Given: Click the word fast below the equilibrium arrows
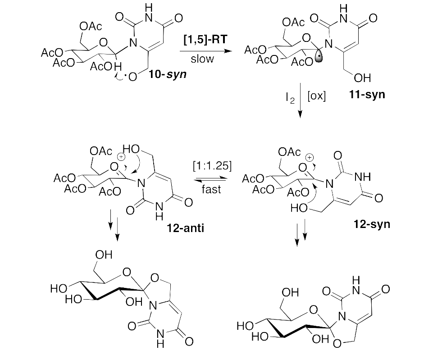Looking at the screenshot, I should click(x=211, y=189).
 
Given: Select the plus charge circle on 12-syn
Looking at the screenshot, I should click(x=310, y=158).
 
